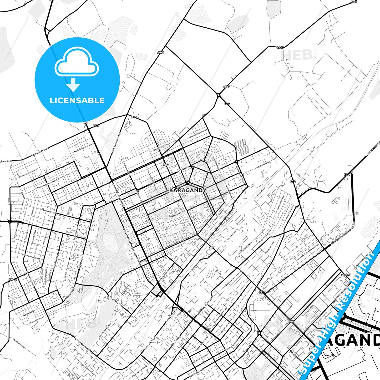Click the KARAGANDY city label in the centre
click(x=188, y=190)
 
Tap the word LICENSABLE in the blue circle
click(x=77, y=100)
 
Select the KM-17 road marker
click(x=13, y=280)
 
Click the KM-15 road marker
click(x=345, y=275)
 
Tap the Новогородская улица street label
click(x=115, y=144)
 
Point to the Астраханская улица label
click(x=31, y=256)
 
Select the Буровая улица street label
click(x=29, y=313)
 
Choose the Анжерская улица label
click(x=87, y=368)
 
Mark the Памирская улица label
click(x=269, y=247)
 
